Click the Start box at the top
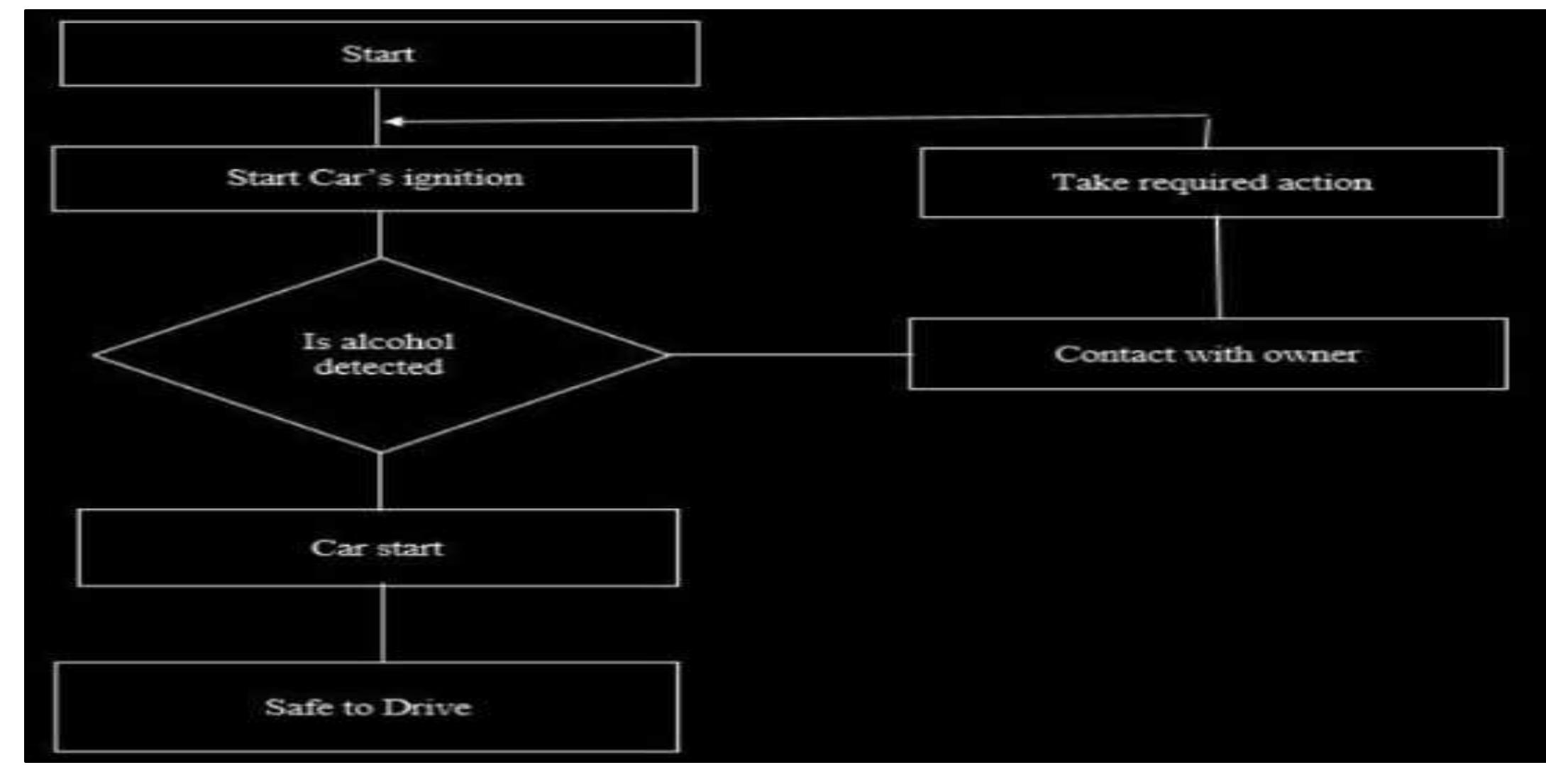380,54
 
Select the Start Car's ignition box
375,178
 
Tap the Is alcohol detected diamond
380,355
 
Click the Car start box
377,548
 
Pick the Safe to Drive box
367,707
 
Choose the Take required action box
1210,182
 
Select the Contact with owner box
1208,354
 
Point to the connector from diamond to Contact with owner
788,354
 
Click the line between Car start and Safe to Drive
383,624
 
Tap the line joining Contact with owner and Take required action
1219,268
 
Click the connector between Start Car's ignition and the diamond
380,234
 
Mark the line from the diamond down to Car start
380,481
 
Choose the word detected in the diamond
379,367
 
